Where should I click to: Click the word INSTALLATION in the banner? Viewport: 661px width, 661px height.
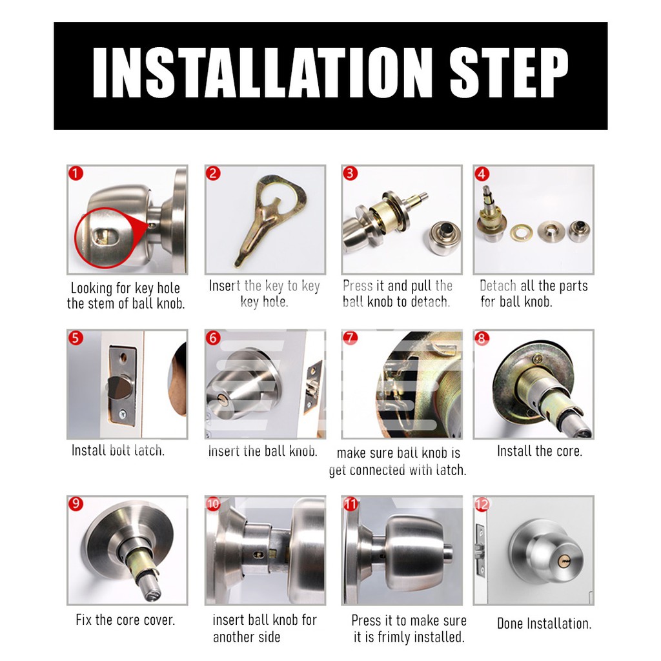(x=262, y=72)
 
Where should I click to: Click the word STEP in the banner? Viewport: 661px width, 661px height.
(x=509, y=72)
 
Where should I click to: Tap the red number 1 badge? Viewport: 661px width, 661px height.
(x=76, y=173)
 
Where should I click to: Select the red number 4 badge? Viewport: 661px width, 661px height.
(x=482, y=174)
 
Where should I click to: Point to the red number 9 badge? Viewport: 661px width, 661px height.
(x=76, y=503)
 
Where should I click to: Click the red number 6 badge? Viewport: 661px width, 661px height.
(x=213, y=338)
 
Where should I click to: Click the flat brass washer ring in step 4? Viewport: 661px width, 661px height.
(x=521, y=232)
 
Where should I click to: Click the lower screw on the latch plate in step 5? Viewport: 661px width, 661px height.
(x=122, y=414)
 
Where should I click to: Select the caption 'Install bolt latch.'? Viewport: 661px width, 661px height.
(x=118, y=450)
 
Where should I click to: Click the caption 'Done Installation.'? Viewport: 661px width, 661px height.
(x=544, y=623)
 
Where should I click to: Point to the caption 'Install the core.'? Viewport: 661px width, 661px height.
(x=540, y=451)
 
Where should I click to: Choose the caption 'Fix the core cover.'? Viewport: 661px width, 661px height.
(x=125, y=620)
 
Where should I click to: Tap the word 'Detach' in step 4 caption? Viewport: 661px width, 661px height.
(x=498, y=286)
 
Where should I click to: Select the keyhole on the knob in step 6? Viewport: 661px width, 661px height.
(x=221, y=398)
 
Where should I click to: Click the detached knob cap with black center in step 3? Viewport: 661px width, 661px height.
(x=445, y=239)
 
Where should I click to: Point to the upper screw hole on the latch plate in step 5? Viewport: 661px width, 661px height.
(x=123, y=358)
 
